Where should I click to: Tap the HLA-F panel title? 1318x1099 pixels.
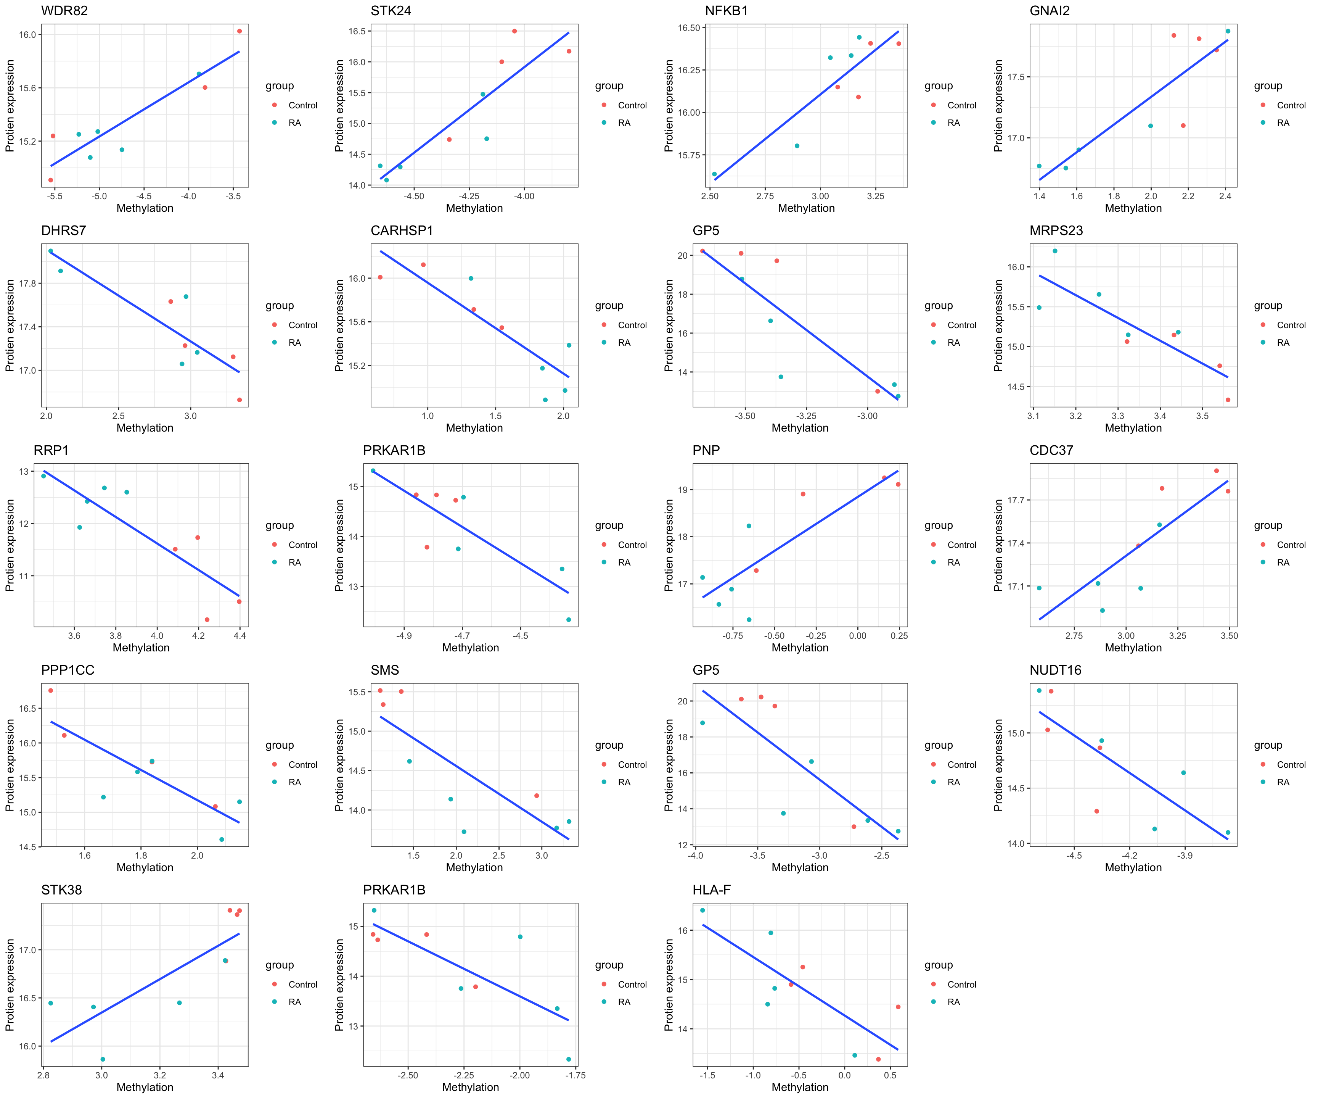(711, 890)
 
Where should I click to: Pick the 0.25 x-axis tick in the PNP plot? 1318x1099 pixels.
(899, 635)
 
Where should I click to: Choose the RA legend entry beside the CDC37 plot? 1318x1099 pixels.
(1283, 562)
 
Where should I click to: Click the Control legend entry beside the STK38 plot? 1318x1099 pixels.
(302, 984)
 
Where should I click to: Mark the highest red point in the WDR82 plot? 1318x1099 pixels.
(239, 31)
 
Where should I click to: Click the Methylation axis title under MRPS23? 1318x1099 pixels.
(1133, 428)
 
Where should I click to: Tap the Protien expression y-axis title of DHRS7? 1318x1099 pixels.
(10, 325)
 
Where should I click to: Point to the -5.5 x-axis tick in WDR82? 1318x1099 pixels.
(55, 196)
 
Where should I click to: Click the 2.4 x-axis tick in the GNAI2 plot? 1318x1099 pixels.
(1225, 196)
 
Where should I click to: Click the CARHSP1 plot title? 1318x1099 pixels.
(402, 230)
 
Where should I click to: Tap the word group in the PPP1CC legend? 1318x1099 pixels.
(279, 745)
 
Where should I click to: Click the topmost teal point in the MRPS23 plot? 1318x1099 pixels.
(1054, 251)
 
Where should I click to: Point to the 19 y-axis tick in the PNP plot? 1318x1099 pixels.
(683, 490)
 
